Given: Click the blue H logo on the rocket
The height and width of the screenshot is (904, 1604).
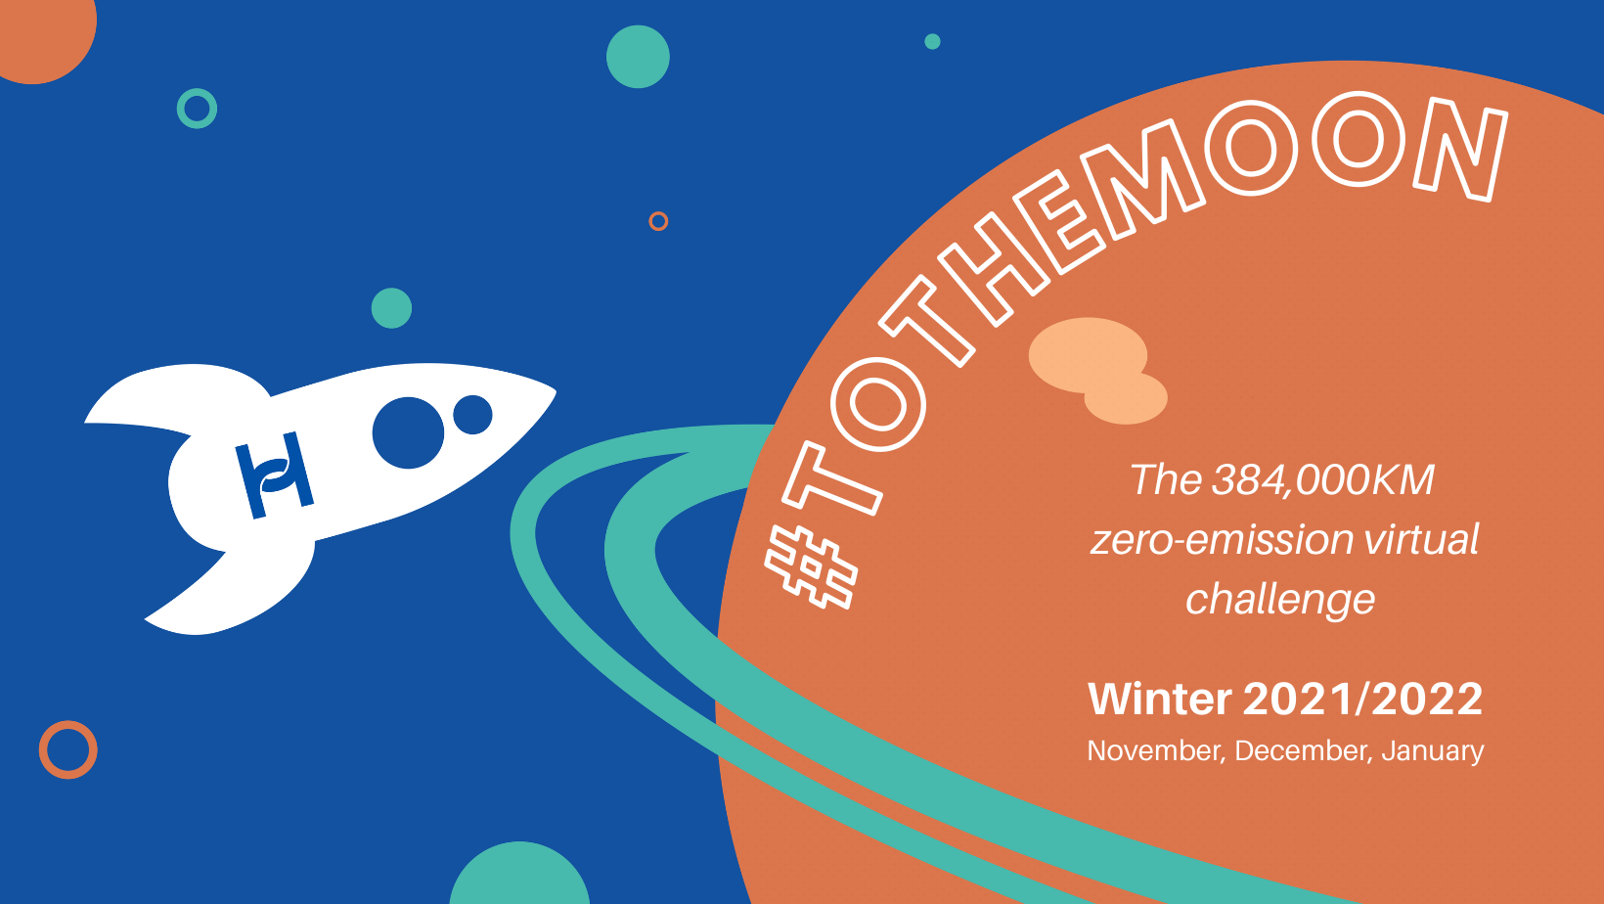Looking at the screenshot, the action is click(275, 475).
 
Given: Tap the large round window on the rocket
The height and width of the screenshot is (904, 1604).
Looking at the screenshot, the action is click(408, 432).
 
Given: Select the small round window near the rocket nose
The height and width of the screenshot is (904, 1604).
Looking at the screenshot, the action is click(472, 415).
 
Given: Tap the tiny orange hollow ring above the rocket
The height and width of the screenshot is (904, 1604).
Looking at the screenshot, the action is click(658, 213).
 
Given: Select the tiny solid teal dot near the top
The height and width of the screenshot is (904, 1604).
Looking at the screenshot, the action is click(932, 41).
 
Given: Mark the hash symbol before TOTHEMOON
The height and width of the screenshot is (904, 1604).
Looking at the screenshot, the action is click(811, 567).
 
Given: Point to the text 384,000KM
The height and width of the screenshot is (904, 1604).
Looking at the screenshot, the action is click(1323, 479).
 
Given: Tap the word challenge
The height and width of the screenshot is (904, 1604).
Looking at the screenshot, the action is click(1280, 600).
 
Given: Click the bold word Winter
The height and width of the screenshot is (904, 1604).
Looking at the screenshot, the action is click(1160, 699).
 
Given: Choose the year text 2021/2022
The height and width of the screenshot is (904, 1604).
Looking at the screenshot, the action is click(1362, 699).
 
